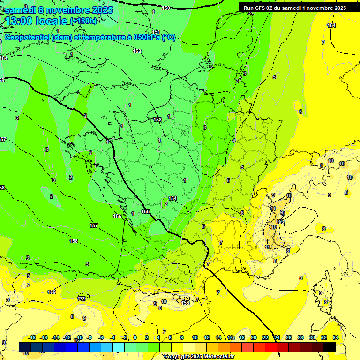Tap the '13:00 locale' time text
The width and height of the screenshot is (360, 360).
(x=36, y=21)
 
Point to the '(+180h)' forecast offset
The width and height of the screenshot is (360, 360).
(x=83, y=21)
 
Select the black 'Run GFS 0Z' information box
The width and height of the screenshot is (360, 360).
(x=295, y=7)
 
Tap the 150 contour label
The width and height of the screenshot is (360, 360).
(x=166, y=8)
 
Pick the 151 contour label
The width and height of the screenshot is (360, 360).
(x=156, y=32)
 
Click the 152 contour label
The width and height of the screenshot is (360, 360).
(x=137, y=51)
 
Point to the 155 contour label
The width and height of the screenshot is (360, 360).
(x=145, y=212)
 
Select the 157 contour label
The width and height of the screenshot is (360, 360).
(x=94, y=226)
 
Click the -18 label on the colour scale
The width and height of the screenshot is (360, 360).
(x=32, y=337)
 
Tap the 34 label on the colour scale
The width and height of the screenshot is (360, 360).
(x=336, y=337)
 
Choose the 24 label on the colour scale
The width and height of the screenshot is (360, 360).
(x=277, y=337)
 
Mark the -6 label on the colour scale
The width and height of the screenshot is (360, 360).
(x=101, y=337)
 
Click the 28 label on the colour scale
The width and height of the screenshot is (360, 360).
(x=300, y=337)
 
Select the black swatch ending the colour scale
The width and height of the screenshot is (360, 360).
(x=330, y=347)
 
